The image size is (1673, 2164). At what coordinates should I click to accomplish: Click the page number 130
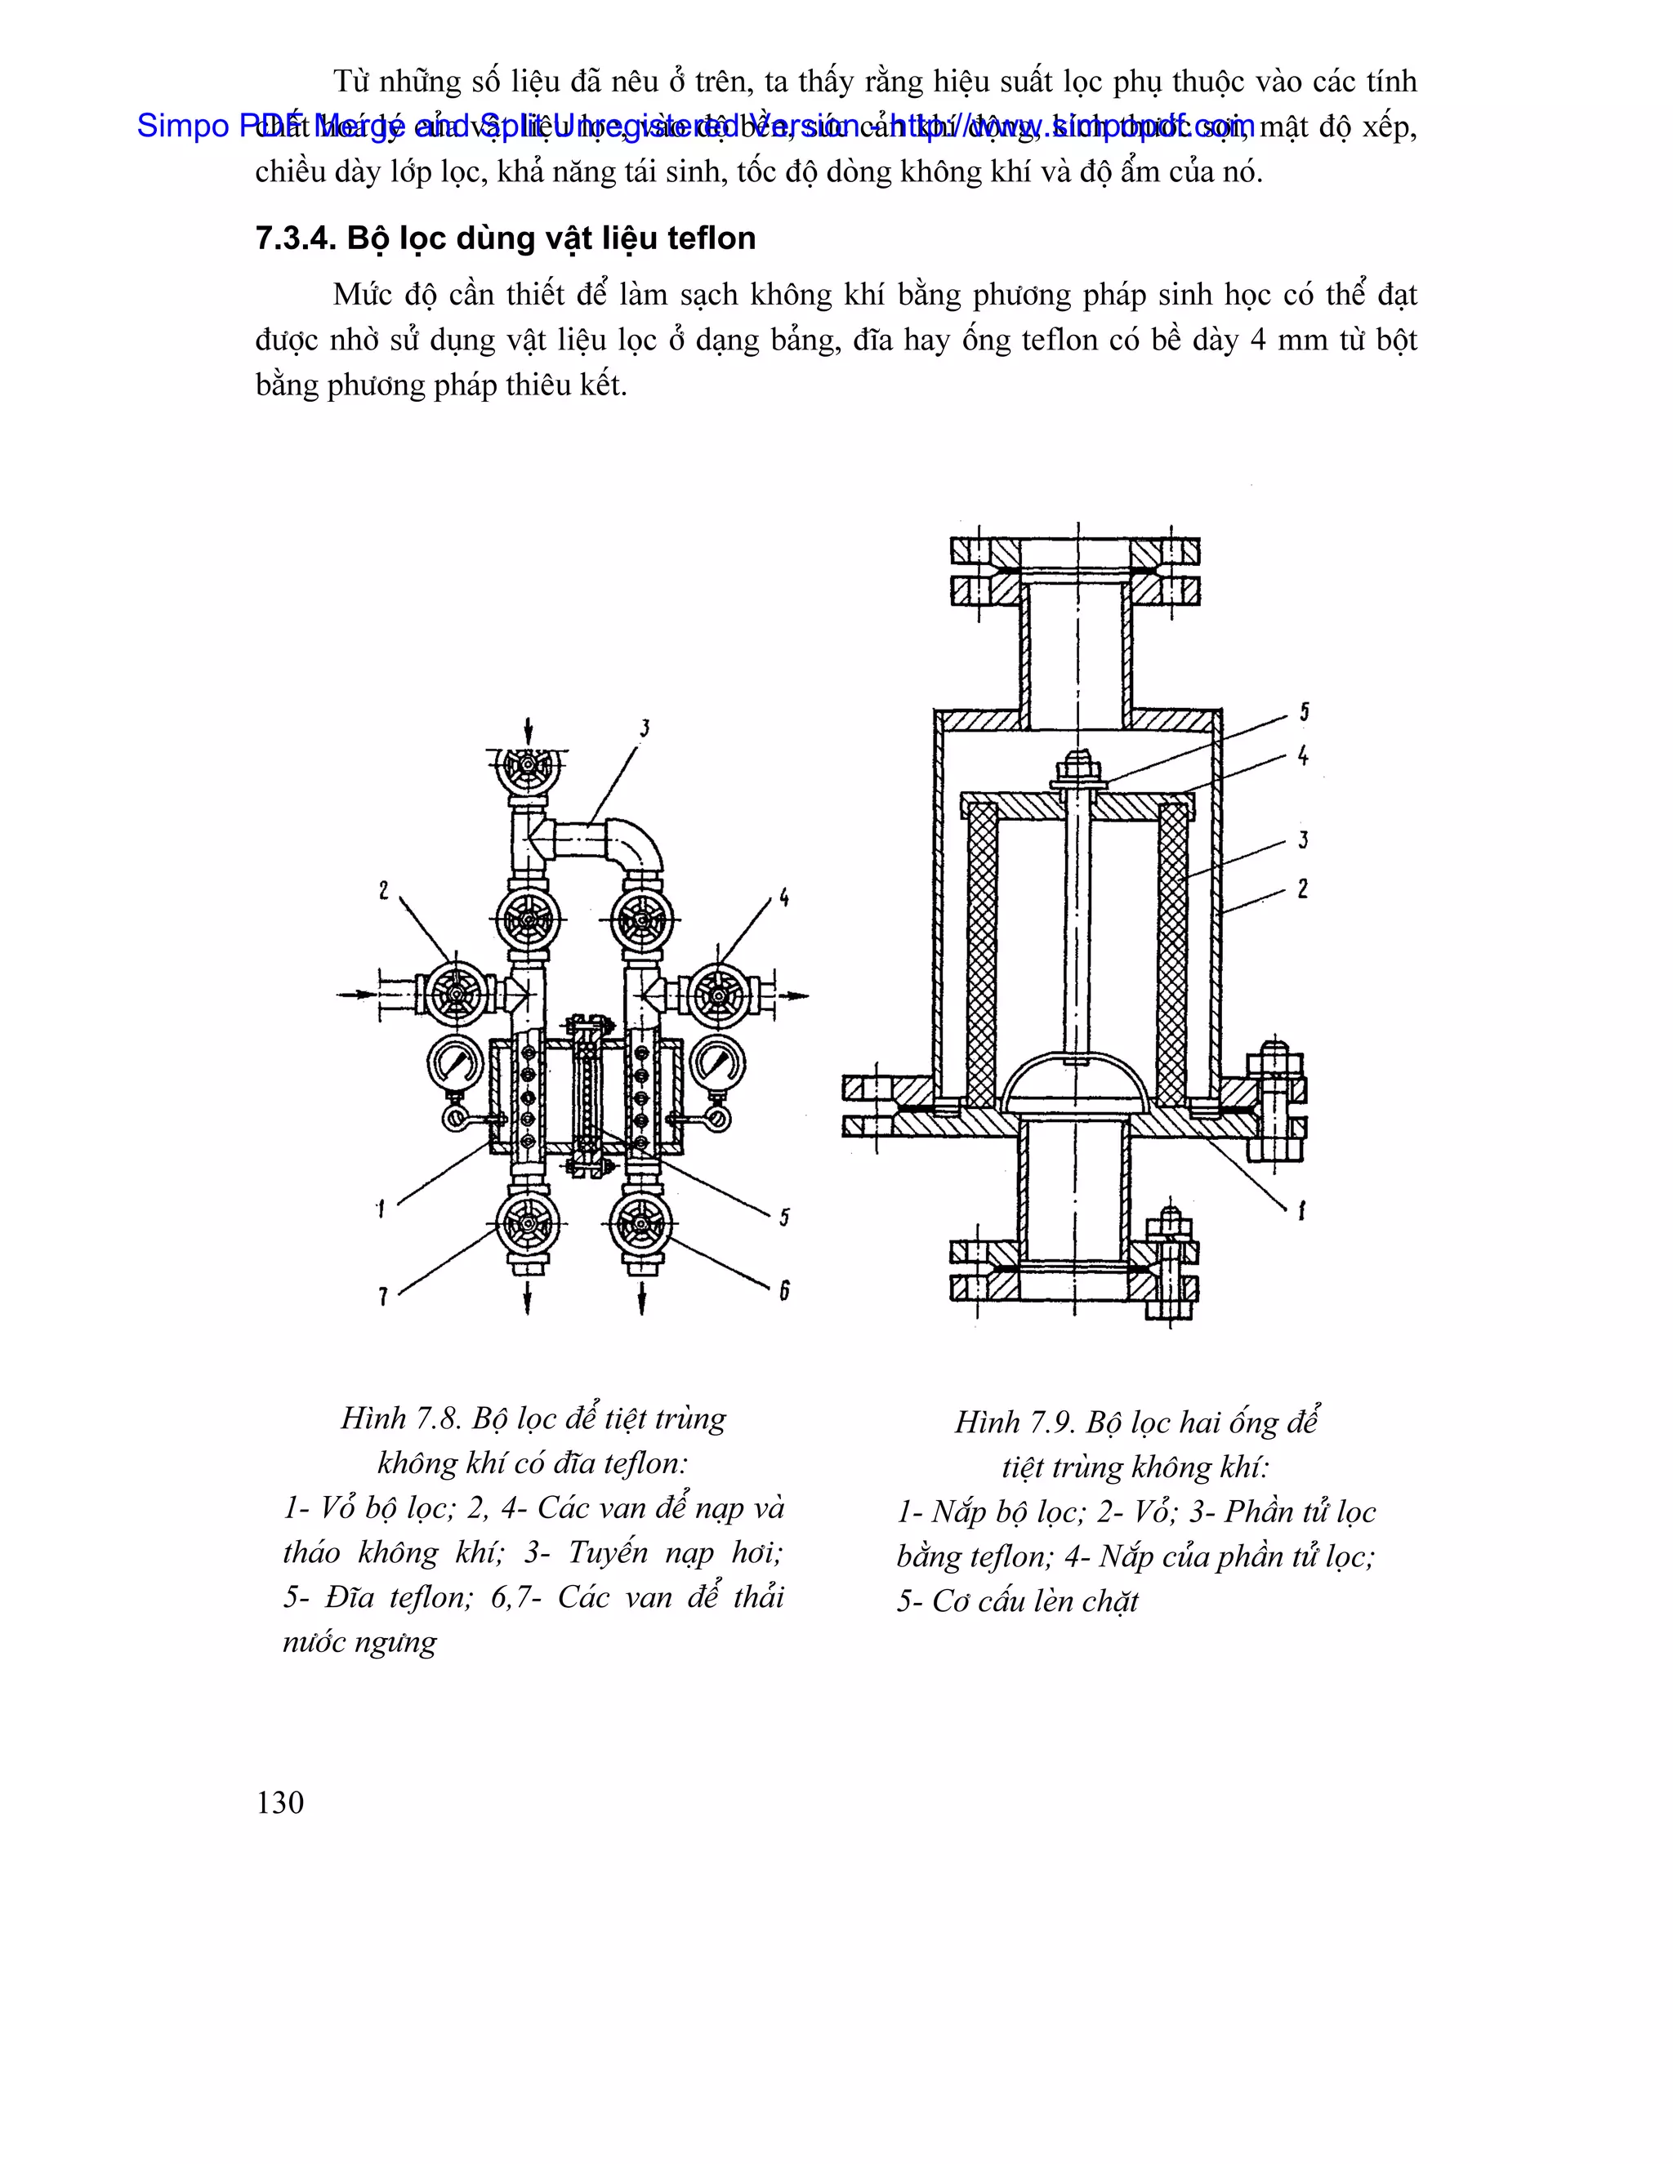coord(279,1802)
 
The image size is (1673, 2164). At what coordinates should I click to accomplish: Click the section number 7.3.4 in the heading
coord(293,238)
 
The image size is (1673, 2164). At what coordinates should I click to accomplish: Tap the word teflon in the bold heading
coord(711,238)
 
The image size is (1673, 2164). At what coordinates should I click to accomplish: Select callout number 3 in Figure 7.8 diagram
coord(645,729)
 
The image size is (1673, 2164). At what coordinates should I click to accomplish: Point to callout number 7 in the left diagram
coord(382,1295)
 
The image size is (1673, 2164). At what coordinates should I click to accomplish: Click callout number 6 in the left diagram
coord(784,1290)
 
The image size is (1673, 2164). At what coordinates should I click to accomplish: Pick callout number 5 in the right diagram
coord(1305,711)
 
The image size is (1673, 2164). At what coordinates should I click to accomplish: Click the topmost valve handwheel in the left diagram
coord(529,768)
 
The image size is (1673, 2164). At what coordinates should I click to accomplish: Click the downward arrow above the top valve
coord(529,731)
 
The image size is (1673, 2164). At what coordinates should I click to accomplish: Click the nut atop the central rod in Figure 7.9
coord(1077,767)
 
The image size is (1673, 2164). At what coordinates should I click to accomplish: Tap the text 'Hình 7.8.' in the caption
coord(401,1419)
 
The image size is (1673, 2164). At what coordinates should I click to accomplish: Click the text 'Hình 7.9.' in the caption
coord(1015,1423)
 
